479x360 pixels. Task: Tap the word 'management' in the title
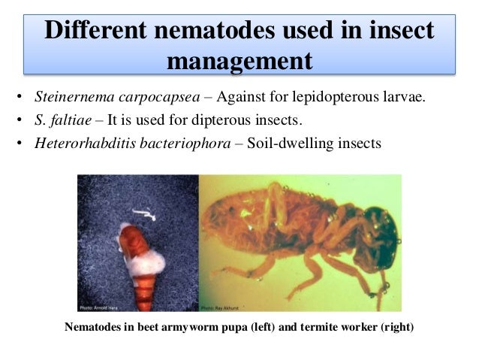239,60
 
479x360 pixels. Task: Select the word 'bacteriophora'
183,141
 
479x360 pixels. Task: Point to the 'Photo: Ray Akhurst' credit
222,307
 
